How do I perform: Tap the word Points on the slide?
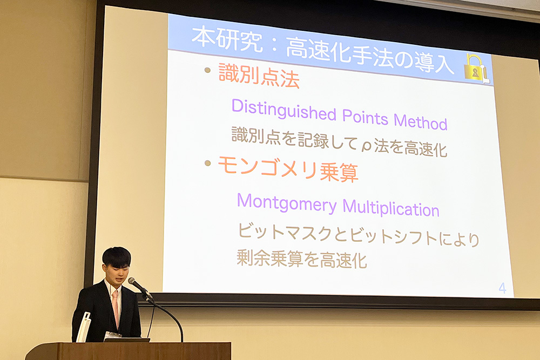[x=365, y=117]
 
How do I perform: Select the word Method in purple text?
[x=421, y=121]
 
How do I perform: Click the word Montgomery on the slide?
[x=287, y=203]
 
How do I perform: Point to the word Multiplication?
[x=391, y=208]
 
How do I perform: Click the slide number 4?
[x=502, y=288]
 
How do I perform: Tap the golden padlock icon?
[x=476, y=68]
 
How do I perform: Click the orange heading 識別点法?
[x=259, y=76]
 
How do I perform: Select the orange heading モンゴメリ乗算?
[x=288, y=168]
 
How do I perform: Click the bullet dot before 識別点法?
[x=207, y=70]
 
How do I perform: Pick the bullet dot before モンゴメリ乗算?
[x=207, y=163]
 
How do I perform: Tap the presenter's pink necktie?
[x=116, y=307]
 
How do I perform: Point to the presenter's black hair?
[x=117, y=256]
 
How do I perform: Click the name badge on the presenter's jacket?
[x=113, y=335]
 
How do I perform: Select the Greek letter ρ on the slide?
[x=367, y=147]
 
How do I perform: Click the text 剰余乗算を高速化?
[x=301, y=259]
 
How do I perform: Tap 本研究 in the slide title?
[x=227, y=38]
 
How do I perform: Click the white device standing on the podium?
[x=84, y=327]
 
